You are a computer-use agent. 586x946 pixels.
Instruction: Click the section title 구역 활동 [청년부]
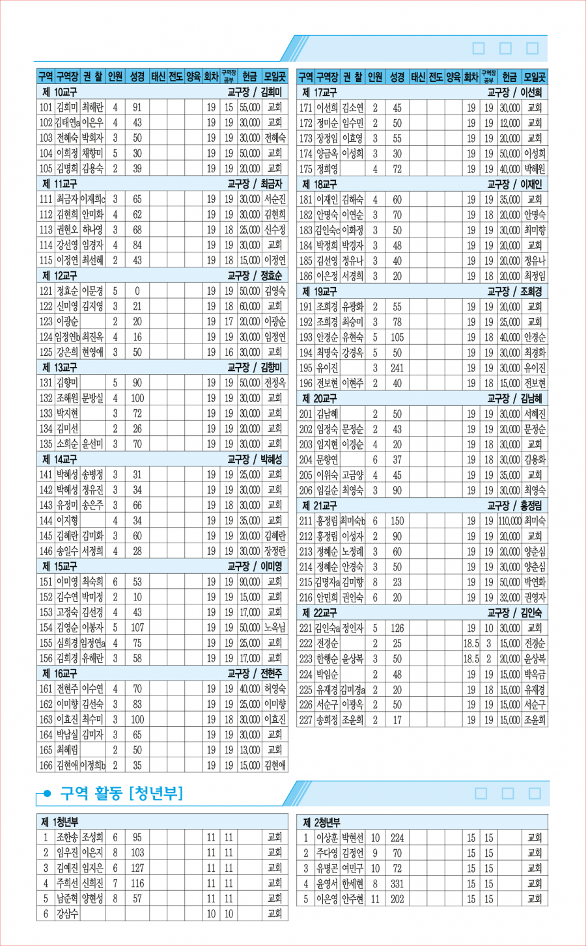pyautogui.click(x=122, y=793)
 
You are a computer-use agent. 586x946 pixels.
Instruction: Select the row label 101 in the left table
pyautogui.click(x=46, y=107)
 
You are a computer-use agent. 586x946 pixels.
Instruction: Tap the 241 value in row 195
pyautogui.click(x=397, y=368)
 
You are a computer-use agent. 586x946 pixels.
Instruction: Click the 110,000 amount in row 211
pyautogui.click(x=510, y=521)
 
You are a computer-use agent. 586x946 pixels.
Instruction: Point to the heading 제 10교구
pyautogui.click(x=60, y=92)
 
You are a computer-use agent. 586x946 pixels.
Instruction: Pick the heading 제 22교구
pyautogui.click(x=320, y=613)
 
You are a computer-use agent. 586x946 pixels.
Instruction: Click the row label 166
pyautogui.click(x=46, y=766)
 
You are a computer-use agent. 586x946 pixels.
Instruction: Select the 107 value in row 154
pyautogui.click(x=137, y=628)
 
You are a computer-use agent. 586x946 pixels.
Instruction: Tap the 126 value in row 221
pyautogui.click(x=397, y=628)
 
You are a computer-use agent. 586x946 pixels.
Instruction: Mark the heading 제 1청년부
pyautogui.click(x=60, y=822)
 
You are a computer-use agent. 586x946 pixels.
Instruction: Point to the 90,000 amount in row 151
pyautogui.click(x=249, y=582)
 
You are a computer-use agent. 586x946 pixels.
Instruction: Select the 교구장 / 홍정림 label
pyautogui.click(x=514, y=506)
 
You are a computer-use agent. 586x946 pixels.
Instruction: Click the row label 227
pyautogui.click(x=306, y=720)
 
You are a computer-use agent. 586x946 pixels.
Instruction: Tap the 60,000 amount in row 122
pyautogui.click(x=249, y=306)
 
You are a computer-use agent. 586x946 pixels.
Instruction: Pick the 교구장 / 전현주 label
pyautogui.click(x=255, y=673)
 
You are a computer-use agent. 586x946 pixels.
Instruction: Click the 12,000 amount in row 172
pyautogui.click(x=510, y=123)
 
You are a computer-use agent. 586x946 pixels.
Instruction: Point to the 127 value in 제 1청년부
pyautogui.click(x=137, y=868)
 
